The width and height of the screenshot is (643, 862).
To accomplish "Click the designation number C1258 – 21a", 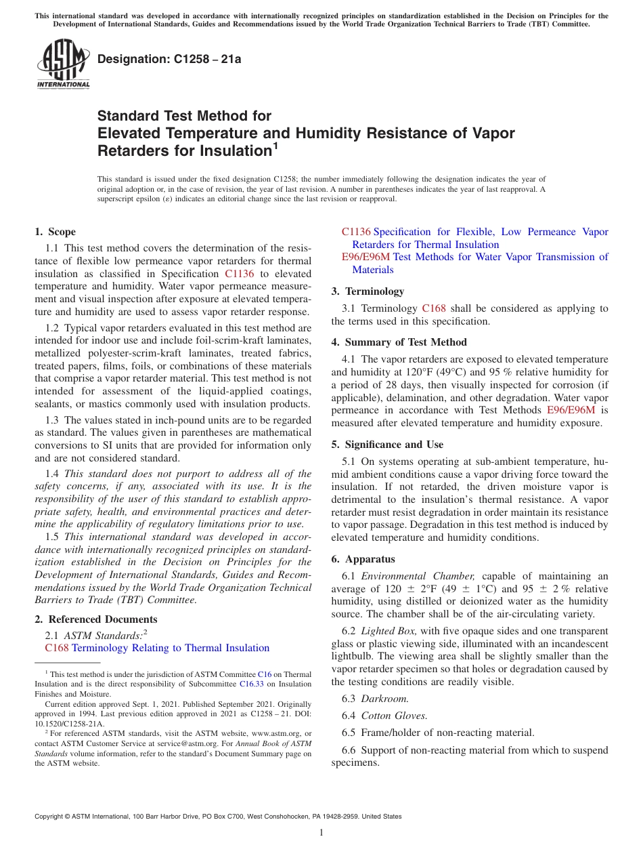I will point(169,59).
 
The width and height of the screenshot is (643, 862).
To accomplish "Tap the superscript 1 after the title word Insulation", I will point(275,144).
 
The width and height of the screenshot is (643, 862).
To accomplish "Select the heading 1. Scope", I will point(56,232).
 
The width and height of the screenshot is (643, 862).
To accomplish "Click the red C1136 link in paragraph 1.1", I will point(239,274).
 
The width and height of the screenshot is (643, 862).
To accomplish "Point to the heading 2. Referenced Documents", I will point(96,619).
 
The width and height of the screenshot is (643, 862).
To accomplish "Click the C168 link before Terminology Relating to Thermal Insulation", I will point(57,648).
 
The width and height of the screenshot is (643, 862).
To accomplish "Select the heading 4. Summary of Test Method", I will point(399,342).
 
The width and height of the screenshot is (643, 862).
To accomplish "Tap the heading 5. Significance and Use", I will point(387,445).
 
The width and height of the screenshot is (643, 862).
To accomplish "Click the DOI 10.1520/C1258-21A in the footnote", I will point(70,723).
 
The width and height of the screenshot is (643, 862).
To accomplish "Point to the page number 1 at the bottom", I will point(321,832).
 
